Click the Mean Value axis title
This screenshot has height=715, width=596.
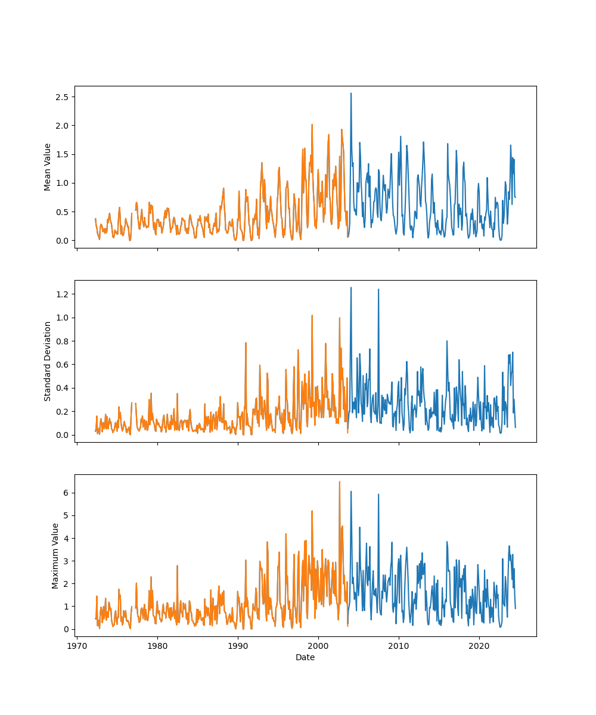tap(48, 167)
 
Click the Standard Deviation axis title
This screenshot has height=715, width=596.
tap(48, 361)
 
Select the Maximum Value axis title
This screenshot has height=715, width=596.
tap(55, 556)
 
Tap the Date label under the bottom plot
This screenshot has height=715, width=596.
tap(305, 657)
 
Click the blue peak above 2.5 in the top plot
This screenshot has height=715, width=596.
tap(351, 94)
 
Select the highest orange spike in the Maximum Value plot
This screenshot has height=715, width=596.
tap(340, 482)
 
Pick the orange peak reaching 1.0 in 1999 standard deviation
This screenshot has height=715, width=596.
tap(312, 316)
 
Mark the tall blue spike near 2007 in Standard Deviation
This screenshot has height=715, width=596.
tap(378, 290)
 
